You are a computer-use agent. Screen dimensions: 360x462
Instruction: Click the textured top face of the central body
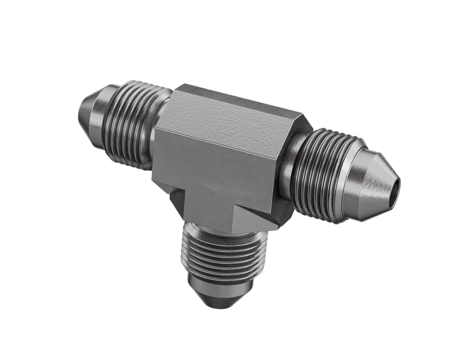237,112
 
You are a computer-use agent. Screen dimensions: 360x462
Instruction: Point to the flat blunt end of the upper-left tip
80,110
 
